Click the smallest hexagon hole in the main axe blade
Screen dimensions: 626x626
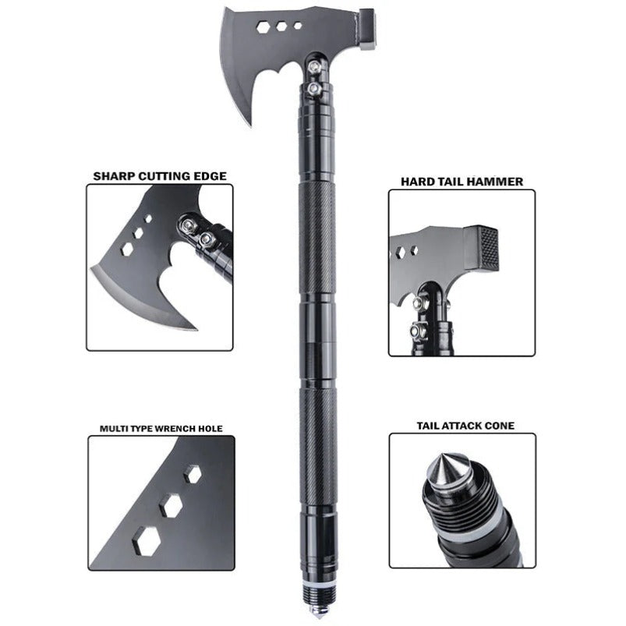coord(298,26)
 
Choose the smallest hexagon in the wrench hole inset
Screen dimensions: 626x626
coord(191,472)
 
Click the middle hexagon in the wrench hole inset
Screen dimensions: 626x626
coord(171,505)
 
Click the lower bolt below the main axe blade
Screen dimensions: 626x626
coord(313,90)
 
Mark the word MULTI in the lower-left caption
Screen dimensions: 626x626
coord(114,428)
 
